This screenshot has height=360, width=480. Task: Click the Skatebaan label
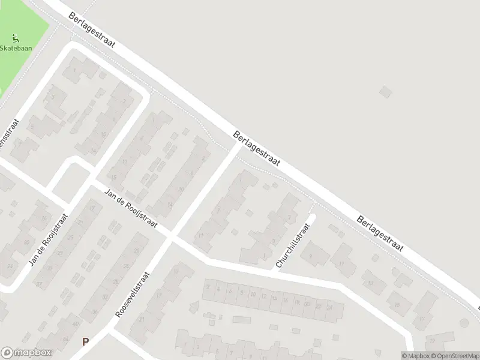16,48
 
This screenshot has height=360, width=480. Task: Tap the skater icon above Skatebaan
16,38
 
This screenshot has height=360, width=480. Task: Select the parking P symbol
85,341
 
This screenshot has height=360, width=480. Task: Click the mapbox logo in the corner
25,353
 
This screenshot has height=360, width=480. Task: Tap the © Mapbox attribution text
415,355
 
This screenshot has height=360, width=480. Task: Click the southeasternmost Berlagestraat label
380,234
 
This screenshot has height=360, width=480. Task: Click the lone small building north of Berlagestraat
385,92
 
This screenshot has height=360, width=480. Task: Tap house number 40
76,324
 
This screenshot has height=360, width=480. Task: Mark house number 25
70,238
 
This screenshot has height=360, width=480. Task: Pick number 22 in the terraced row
317,305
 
